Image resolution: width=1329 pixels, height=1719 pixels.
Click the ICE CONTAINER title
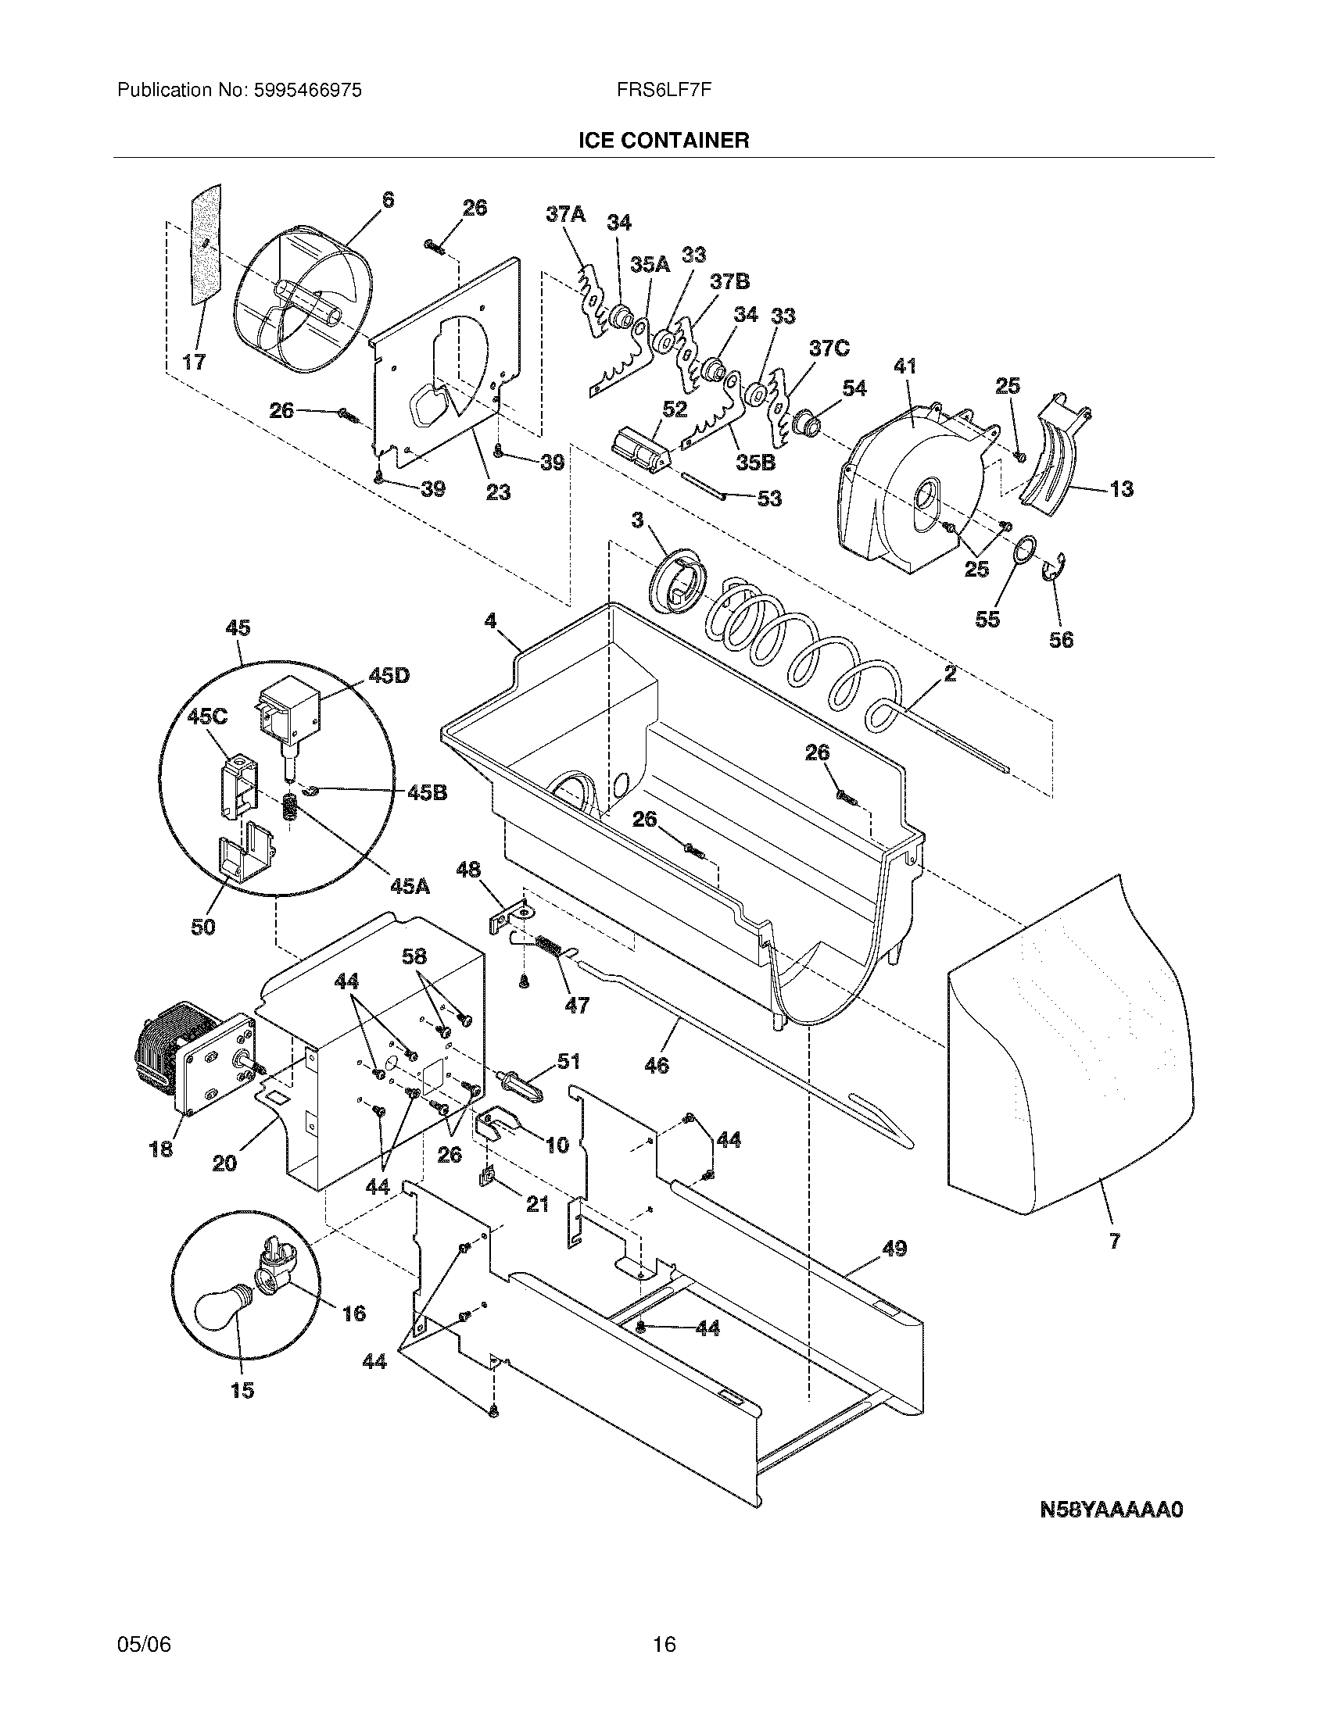point(663,140)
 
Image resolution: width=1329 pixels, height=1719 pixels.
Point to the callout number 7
point(1114,1242)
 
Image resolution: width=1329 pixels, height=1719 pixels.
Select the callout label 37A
point(566,213)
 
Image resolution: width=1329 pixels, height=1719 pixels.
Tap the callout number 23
point(497,493)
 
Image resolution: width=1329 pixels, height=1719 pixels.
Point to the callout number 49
point(894,1249)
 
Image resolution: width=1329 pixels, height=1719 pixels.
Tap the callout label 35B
point(755,463)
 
